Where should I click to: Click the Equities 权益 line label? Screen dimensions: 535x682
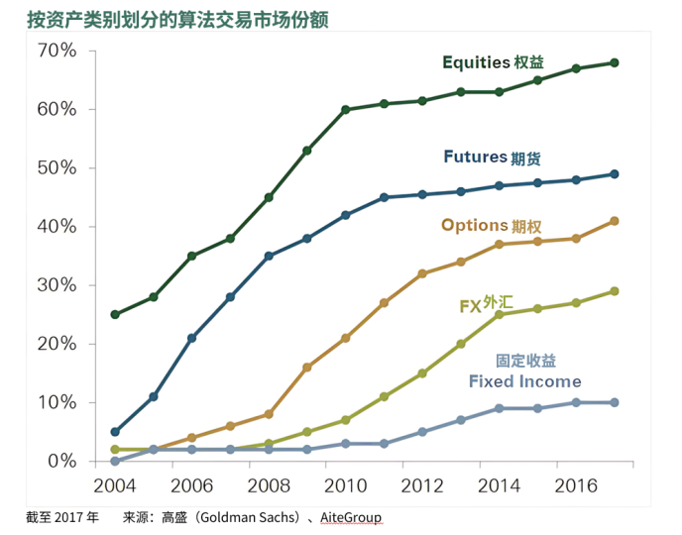point(493,62)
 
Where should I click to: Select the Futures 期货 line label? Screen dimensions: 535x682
point(492,158)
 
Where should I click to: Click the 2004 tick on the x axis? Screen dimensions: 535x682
point(115,486)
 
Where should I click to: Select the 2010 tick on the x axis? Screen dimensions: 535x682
point(346,486)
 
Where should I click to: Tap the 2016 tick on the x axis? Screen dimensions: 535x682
point(576,486)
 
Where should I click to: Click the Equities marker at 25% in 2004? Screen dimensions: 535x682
point(115,314)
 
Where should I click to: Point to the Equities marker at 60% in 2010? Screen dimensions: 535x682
point(346,109)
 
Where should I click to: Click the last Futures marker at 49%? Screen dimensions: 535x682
point(615,174)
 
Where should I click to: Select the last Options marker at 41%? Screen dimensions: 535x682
point(615,221)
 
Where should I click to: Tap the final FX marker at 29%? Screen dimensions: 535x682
point(615,291)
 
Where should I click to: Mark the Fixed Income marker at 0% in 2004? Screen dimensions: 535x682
point(115,462)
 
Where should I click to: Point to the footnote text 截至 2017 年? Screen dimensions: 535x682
point(62,517)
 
